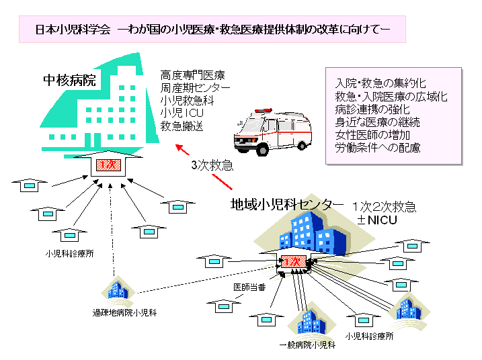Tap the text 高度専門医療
(x=193, y=74)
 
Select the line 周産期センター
(x=195, y=87)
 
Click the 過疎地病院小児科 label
(x=124, y=314)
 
